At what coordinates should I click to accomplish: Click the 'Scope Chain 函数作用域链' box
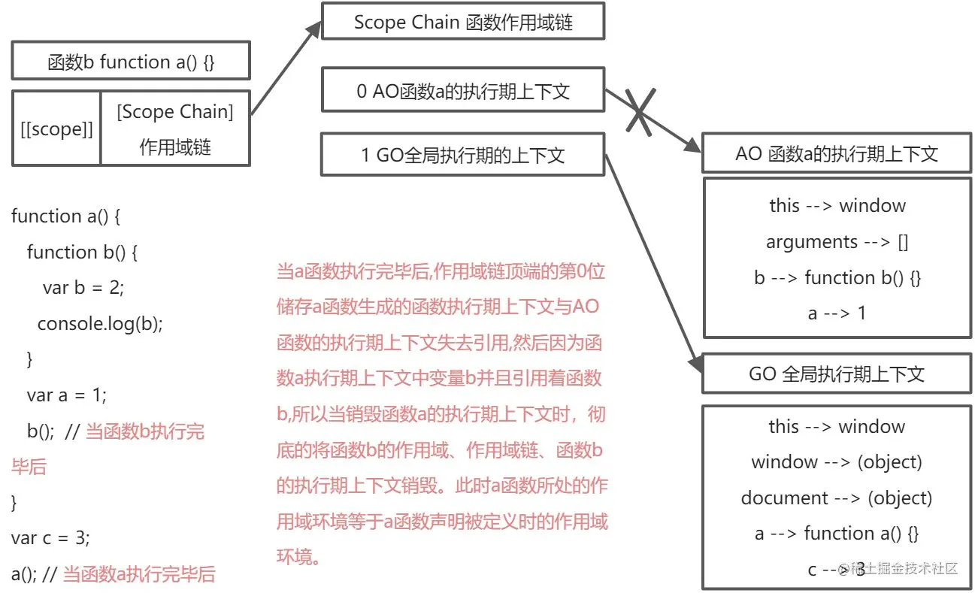point(463,22)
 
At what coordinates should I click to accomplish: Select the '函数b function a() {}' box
point(131,62)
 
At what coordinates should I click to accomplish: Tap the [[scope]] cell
point(56,129)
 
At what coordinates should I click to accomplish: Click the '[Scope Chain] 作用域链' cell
point(175,129)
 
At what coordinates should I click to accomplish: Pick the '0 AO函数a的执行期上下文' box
point(463,92)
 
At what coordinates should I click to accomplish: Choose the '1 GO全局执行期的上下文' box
point(463,155)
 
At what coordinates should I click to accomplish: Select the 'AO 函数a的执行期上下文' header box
point(837,154)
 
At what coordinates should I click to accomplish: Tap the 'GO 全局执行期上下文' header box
point(837,374)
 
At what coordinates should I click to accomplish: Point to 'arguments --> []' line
point(837,242)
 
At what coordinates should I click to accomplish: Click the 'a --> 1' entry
point(837,313)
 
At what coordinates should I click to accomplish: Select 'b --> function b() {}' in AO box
point(837,277)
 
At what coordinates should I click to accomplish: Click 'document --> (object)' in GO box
point(837,498)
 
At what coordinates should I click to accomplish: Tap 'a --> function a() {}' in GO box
point(837,534)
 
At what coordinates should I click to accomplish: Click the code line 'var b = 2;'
point(83,288)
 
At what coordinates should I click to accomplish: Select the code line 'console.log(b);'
point(100,323)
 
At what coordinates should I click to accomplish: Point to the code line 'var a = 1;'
point(67,395)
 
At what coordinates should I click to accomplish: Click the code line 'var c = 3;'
point(50,538)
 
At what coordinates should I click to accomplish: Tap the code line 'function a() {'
point(66,216)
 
